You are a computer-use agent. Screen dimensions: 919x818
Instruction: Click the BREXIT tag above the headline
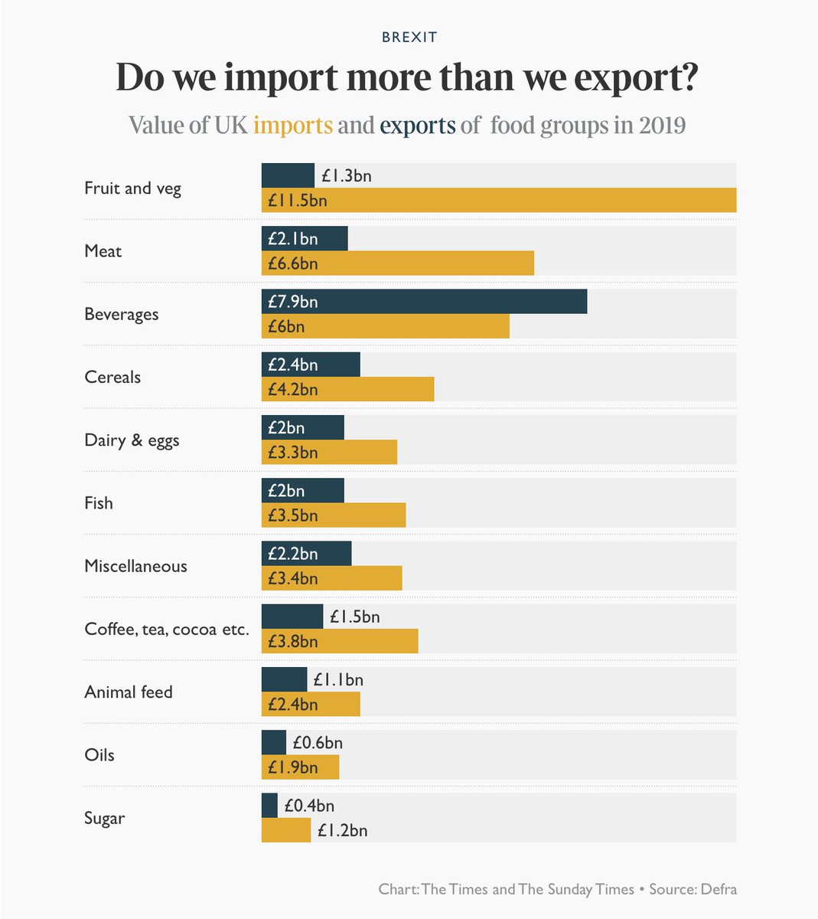tap(409, 37)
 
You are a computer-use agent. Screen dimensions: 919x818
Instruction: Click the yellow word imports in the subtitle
tap(293, 125)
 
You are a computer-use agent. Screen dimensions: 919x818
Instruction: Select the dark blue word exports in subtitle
tap(418, 125)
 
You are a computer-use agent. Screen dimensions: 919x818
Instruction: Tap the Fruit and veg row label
tap(132, 188)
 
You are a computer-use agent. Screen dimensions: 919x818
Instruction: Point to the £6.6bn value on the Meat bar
tap(292, 263)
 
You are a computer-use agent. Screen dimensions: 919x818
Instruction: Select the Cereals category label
tap(112, 377)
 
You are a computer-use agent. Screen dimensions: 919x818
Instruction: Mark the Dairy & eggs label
tap(132, 440)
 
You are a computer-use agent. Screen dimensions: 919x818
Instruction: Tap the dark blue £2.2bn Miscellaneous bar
tap(306, 554)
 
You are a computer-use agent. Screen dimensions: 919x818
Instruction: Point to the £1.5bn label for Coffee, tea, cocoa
tap(354, 616)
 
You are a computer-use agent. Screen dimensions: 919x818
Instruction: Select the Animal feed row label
tap(129, 692)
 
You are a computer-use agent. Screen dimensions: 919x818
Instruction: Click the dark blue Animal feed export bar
tap(284, 679)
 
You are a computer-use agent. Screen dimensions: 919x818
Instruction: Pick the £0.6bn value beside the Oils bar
tap(318, 743)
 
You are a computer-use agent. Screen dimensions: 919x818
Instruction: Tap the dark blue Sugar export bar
tap(269, 806)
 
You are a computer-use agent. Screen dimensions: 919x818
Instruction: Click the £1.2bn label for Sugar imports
tap(342, 830)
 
